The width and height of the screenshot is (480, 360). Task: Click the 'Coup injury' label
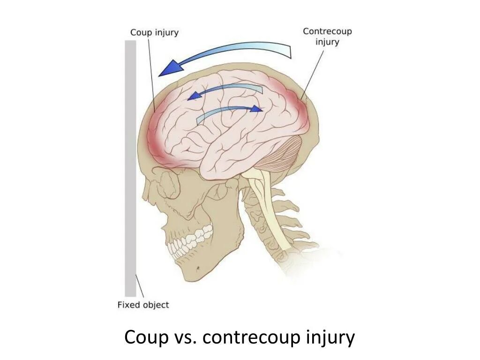point(154,32)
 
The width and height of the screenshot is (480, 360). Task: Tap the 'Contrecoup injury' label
point(327,36)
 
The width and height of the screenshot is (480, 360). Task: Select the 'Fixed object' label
point(143,305)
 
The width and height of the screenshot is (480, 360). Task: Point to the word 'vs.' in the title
point(183,337)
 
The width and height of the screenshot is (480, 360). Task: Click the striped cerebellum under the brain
point(281,155)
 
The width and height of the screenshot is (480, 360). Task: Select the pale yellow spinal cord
point(267,206)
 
